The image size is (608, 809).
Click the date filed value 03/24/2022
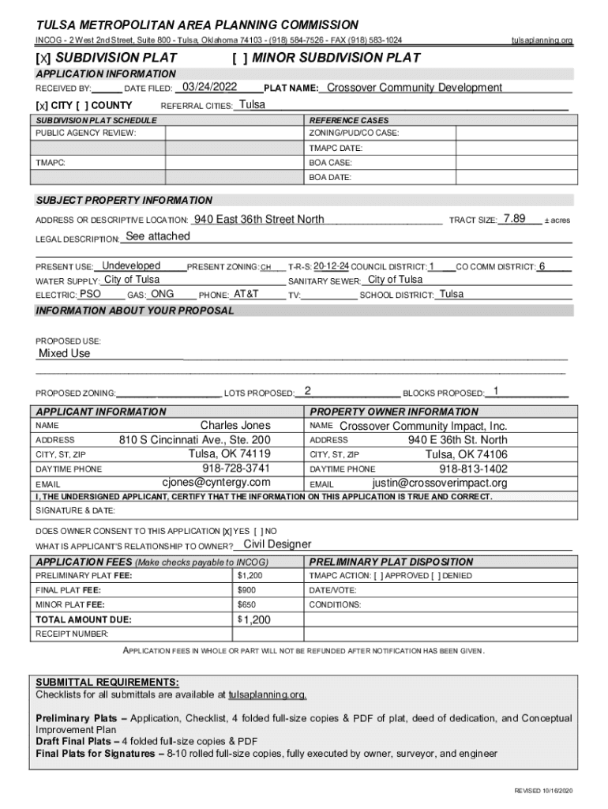coord(209,88)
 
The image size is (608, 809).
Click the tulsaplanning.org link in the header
coord(542,40)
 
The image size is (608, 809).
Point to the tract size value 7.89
coord(514,219)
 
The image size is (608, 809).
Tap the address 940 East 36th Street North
coord(259,219)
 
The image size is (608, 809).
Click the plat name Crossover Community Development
coord(414,88)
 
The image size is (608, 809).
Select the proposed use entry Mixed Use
coord(65,353)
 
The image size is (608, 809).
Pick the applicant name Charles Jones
coord(235,425)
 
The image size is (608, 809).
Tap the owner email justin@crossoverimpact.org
coord(439,483)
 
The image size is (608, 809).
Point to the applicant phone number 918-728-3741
coord(236,468)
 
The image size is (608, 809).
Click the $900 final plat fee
coord(247,590)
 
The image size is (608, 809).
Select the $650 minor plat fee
coord(247,605)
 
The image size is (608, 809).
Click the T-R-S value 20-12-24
coord(331,266)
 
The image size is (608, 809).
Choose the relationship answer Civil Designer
coord(277,544)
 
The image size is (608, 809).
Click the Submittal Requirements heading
coord(107,682)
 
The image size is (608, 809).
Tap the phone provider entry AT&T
coord(246,294)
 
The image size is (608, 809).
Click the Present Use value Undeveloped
coord(132,265)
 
